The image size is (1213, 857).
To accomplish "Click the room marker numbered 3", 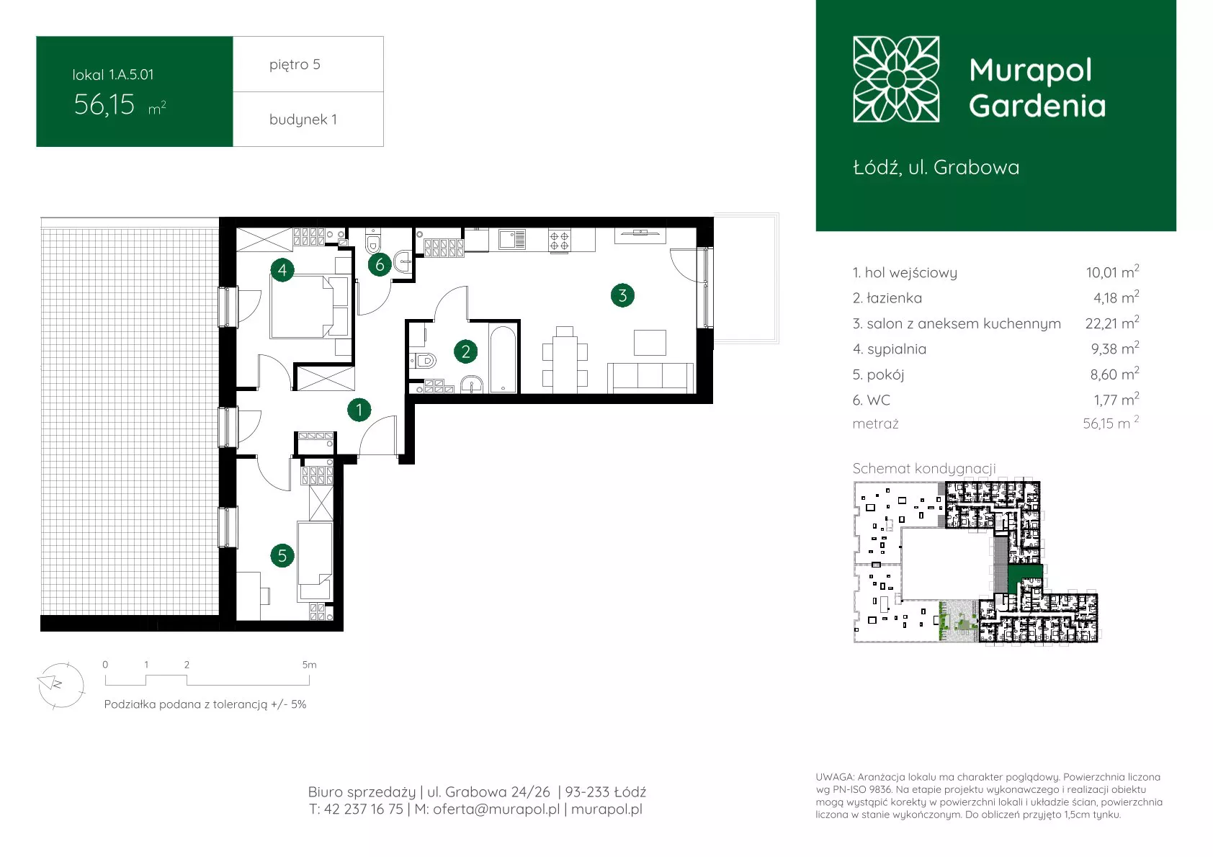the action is click(622, 295).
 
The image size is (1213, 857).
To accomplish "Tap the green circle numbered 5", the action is click(282, 555).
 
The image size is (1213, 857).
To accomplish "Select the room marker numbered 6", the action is click(380, 265).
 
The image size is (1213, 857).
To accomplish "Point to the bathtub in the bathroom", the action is click(503, 359).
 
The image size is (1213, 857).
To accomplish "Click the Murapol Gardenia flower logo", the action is click(896, 79).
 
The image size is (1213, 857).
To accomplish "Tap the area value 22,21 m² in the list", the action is click(1112, 323).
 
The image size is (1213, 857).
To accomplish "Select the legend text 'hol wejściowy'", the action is click(911, 272).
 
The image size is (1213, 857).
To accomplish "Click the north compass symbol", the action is click(61, 686).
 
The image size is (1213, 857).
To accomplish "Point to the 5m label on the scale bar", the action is click(309, 664).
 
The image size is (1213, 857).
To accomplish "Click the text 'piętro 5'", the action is click(295, 65).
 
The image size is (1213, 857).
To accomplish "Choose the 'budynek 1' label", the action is click(303, 119).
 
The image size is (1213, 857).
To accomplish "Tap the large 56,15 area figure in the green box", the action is click(104, 104).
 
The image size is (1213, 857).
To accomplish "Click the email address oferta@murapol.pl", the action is click(496, 809).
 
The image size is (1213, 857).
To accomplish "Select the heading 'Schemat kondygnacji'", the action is click(924, 468).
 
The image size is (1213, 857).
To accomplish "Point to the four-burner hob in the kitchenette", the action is click(559, 241).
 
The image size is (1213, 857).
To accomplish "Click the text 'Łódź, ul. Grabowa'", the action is click(936, 167).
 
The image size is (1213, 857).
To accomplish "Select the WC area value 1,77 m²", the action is click(1116, 400).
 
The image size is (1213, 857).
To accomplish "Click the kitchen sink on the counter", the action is click(511, 239).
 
